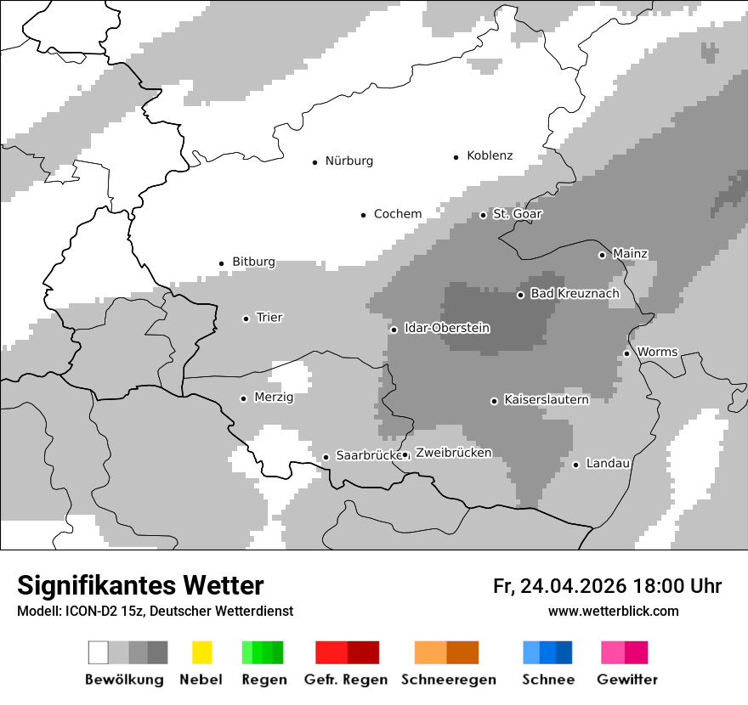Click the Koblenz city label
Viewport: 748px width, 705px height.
pos(490,155)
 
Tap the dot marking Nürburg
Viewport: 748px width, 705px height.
pos(314,161)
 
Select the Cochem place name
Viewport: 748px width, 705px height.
pos(398,214)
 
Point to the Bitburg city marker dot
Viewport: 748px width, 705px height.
pos(222,263)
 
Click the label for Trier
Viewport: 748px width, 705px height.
pos(269,318)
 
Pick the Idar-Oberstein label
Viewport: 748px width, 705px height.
pos(447,328)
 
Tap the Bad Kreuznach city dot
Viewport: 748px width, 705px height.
pos(521,295)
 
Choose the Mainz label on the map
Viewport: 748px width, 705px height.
pos(630,254)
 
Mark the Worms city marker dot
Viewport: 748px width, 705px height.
pos(627,353)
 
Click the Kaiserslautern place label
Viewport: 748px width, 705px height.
pos(546,399)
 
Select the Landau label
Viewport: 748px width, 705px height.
pos(608,464)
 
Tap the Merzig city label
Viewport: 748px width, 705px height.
pos(274,398)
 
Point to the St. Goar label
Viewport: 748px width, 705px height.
pos(517,214)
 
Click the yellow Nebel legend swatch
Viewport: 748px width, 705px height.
pos(202,652)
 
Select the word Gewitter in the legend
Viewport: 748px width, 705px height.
pos(627,680)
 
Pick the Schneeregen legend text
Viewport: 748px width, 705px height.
pos(449,680)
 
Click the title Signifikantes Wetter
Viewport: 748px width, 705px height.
pos(141,585)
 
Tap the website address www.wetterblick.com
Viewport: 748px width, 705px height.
pos(614,611)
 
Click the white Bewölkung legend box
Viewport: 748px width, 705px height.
pos(99,652)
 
